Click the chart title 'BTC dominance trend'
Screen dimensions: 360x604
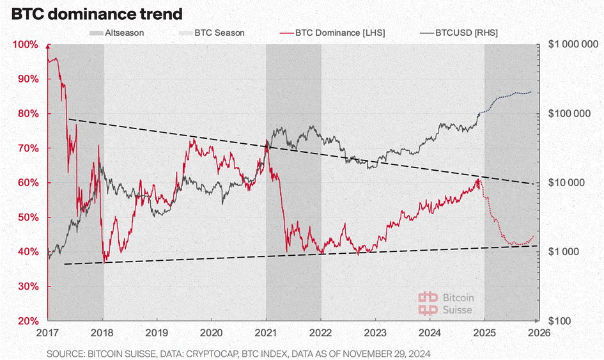(x=97, y=13)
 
